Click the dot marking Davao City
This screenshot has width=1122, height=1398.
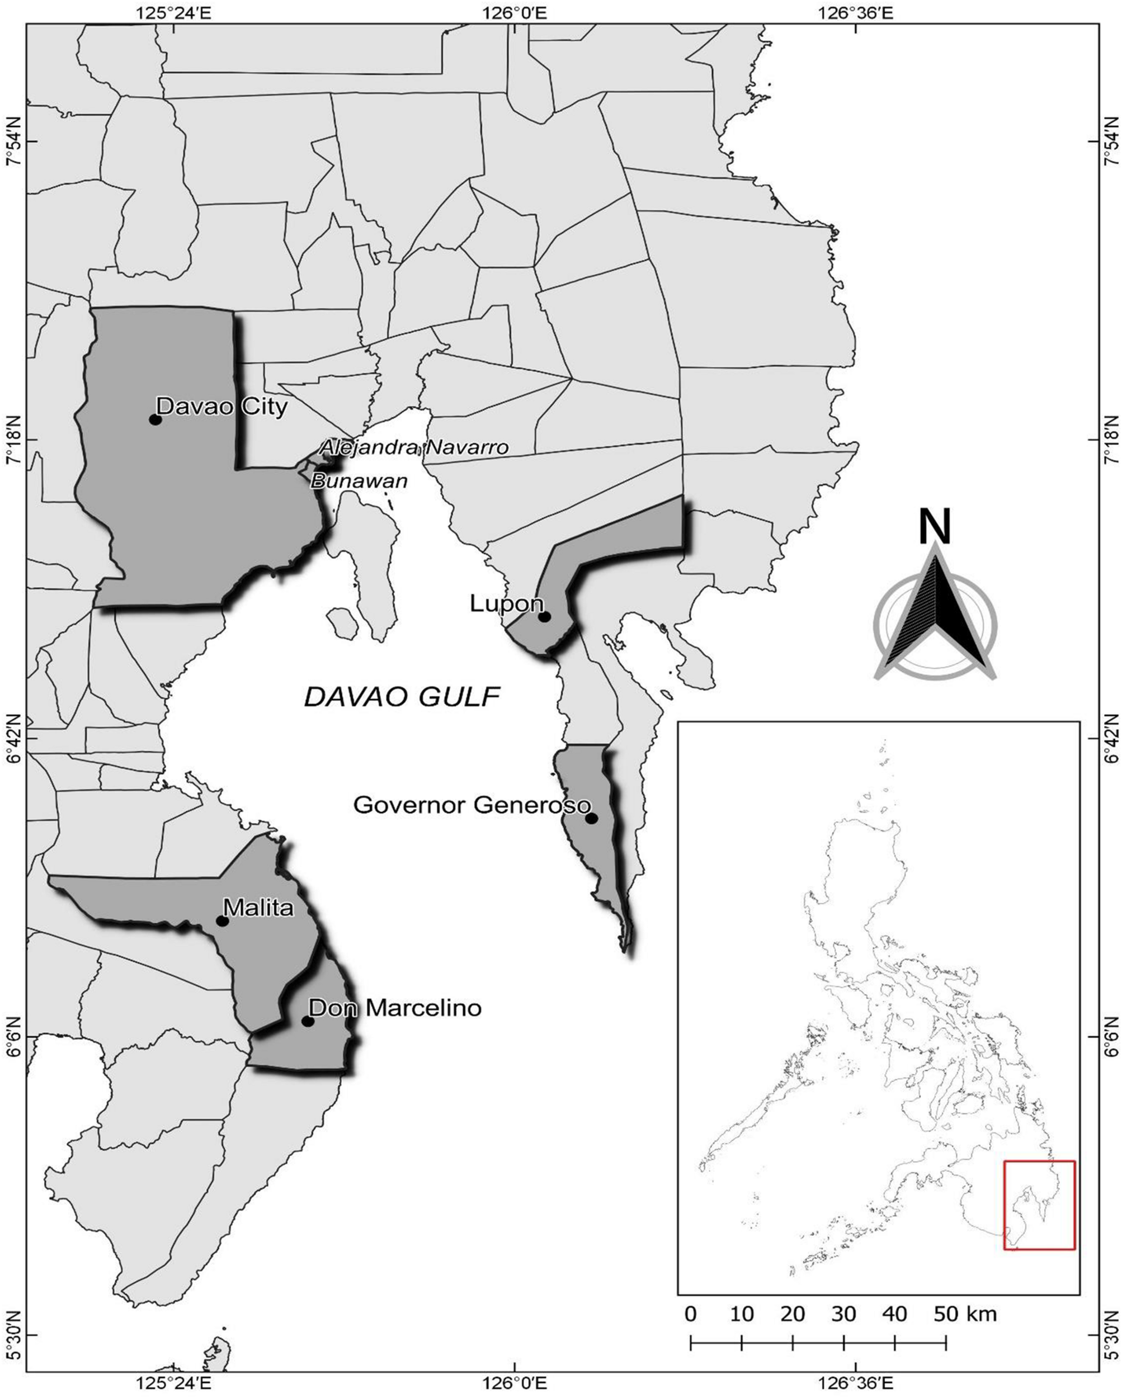click(x=155, y=419)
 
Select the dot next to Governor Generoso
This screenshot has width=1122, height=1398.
click(x=591, y=818)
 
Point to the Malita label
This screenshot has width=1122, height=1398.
click(x=257, y=907)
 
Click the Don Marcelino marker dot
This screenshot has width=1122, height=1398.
click(x=308, y=1021)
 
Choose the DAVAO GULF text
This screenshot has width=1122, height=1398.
click(x=402, y=697)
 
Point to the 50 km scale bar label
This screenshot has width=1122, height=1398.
click(x=964, y=1296)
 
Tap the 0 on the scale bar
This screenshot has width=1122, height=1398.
click(x=691, y=1296)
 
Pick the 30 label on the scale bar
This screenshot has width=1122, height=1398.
click(x=844, y=1296)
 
